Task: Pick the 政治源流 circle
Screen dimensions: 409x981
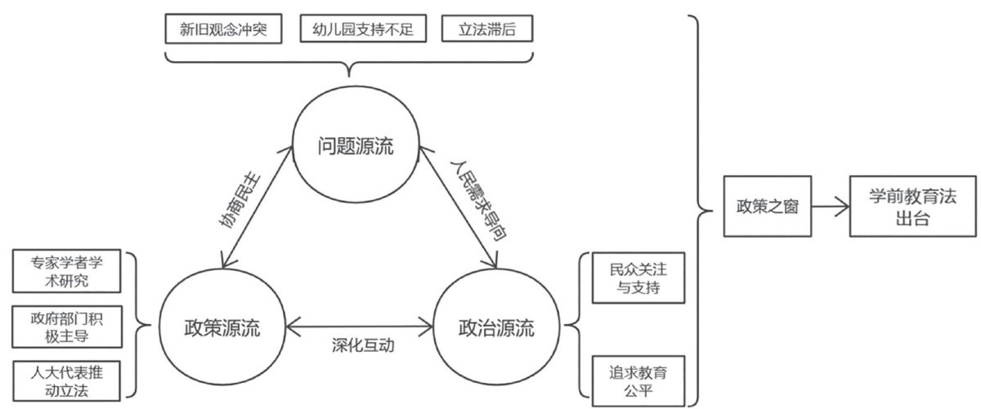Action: [x=495, y=330]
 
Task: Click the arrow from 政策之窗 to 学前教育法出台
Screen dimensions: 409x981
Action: [x=826, y=208]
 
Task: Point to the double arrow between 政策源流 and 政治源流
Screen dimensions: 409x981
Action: [x=360, y=330]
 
